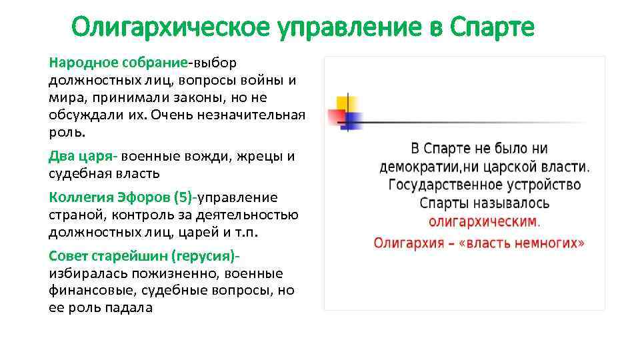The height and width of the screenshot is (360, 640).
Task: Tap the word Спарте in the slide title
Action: tap(492, 28)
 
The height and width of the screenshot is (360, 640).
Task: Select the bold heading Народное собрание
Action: tap(118, 63)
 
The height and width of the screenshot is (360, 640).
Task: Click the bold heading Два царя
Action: tap(82, 156)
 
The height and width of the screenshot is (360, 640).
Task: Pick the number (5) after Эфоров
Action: tap(182, 197)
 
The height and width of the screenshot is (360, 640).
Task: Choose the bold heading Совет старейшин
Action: tap(108, 256)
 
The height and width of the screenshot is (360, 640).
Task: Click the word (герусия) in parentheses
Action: tap(205, 256)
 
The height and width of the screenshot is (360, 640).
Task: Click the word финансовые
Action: tap(85, 291)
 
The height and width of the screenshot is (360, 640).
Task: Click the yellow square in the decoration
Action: tap(345, 105)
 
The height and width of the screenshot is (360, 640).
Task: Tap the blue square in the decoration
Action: tap(353, 121)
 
